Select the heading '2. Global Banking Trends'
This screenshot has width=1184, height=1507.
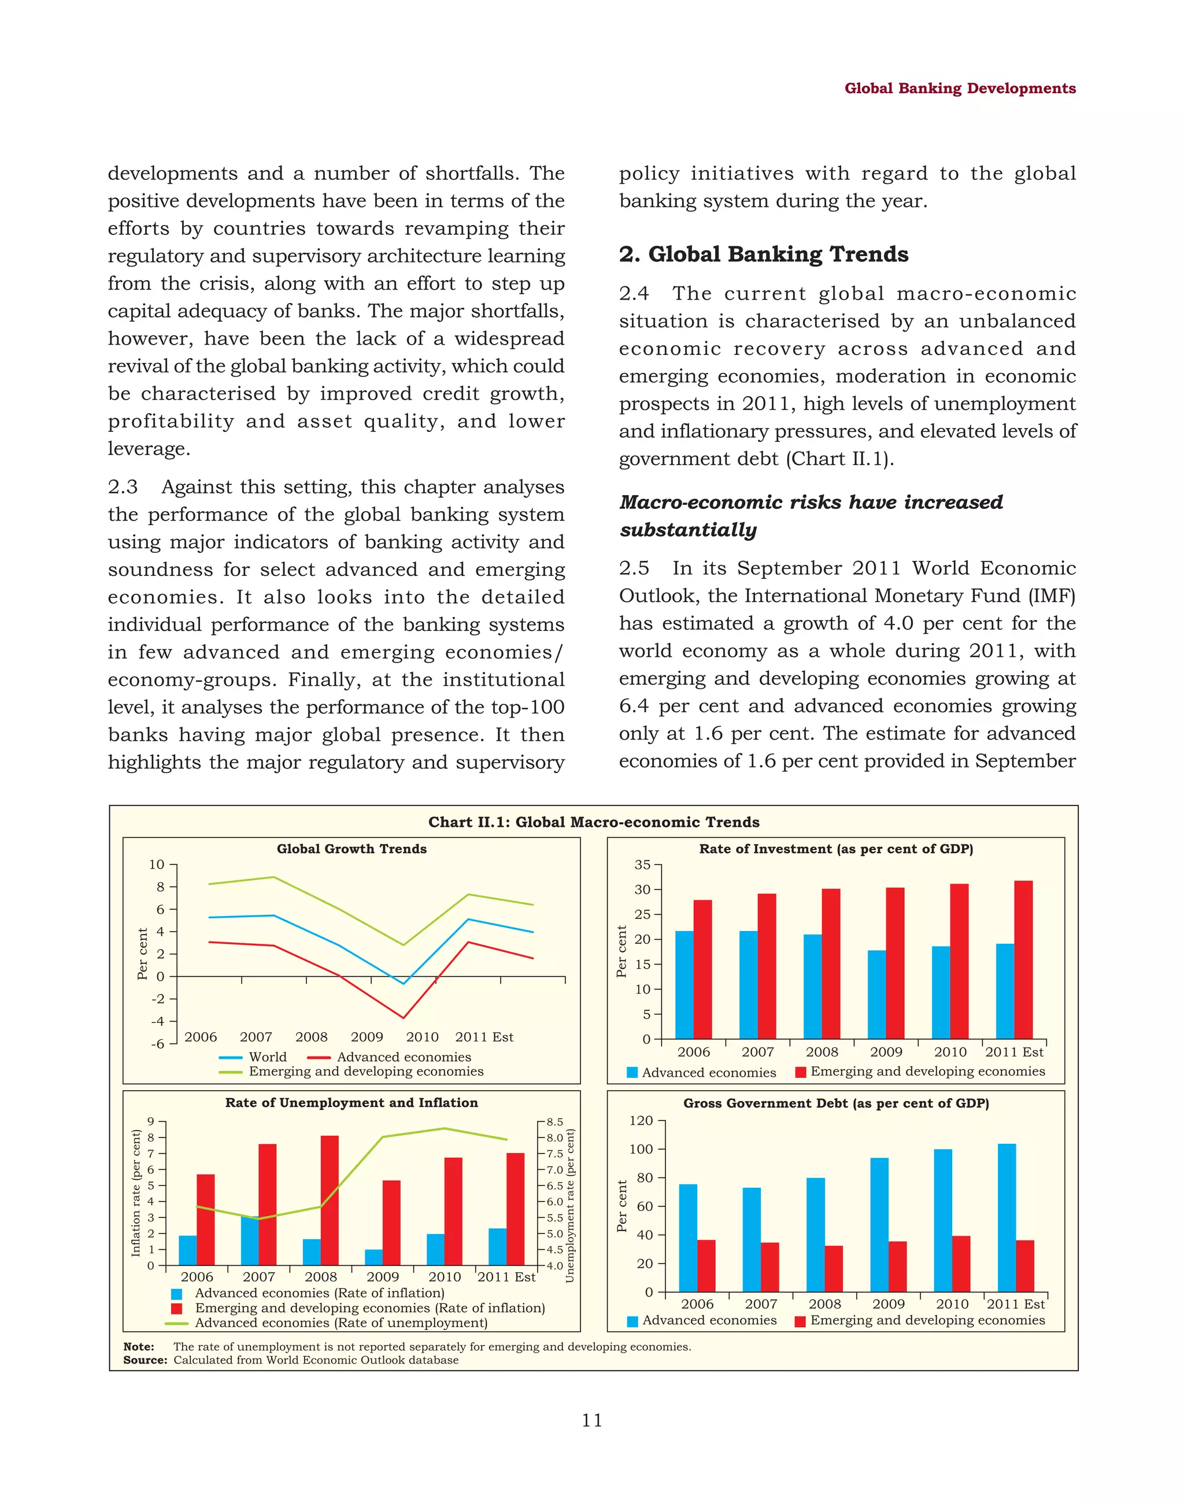point(763,254)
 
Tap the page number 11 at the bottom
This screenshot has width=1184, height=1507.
point(591,1420)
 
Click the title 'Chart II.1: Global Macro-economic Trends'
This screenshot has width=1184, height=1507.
point(593,822)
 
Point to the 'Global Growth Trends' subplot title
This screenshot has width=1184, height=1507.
point(351,849)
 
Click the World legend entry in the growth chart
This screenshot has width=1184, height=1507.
point(267,1057)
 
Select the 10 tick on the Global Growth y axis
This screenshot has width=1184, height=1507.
point(157,865)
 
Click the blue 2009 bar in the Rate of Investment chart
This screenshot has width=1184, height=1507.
point(876,994)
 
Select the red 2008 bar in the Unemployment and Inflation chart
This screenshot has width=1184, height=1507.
point(330,1200)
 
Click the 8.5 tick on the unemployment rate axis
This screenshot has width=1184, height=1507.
point(554,1122)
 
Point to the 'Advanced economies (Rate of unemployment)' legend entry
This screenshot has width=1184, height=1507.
point(341,1323)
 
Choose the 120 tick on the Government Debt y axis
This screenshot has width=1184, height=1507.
point(641,1121)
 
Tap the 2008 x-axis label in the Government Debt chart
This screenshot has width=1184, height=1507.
point(824,1304)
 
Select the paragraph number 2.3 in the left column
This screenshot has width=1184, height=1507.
point(123,487)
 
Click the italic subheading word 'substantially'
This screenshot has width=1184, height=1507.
point(687,530)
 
